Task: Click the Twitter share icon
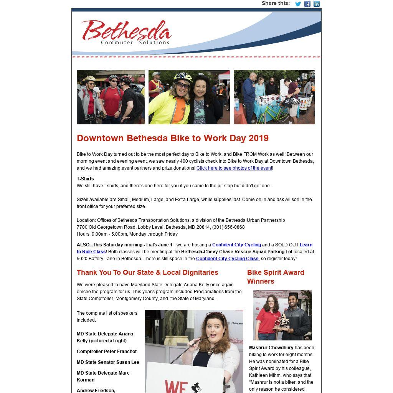(x=298, y=4)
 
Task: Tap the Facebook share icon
(x=307, y=4)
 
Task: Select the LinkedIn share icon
(x=317, y=4)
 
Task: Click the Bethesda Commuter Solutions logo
(x=126, y=32)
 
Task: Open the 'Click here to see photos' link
(x=234, y=168)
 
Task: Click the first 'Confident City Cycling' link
(x=236, y=245)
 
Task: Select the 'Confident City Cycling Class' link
(x=227, y=259)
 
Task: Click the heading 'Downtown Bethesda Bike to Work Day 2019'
(x=173, y=138)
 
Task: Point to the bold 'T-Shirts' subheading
(x=85, y=179)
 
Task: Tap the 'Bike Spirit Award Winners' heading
(x=276, y=277)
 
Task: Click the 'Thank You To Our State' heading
(x=147, y=272)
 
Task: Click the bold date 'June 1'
(x=165, y=245)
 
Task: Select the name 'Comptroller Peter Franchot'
(x=107, y=352)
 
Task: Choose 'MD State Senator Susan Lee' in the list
(x=108, y=362)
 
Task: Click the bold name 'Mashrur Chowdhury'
(x=271, y=348)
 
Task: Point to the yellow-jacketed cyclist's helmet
(x=183, y=77)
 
